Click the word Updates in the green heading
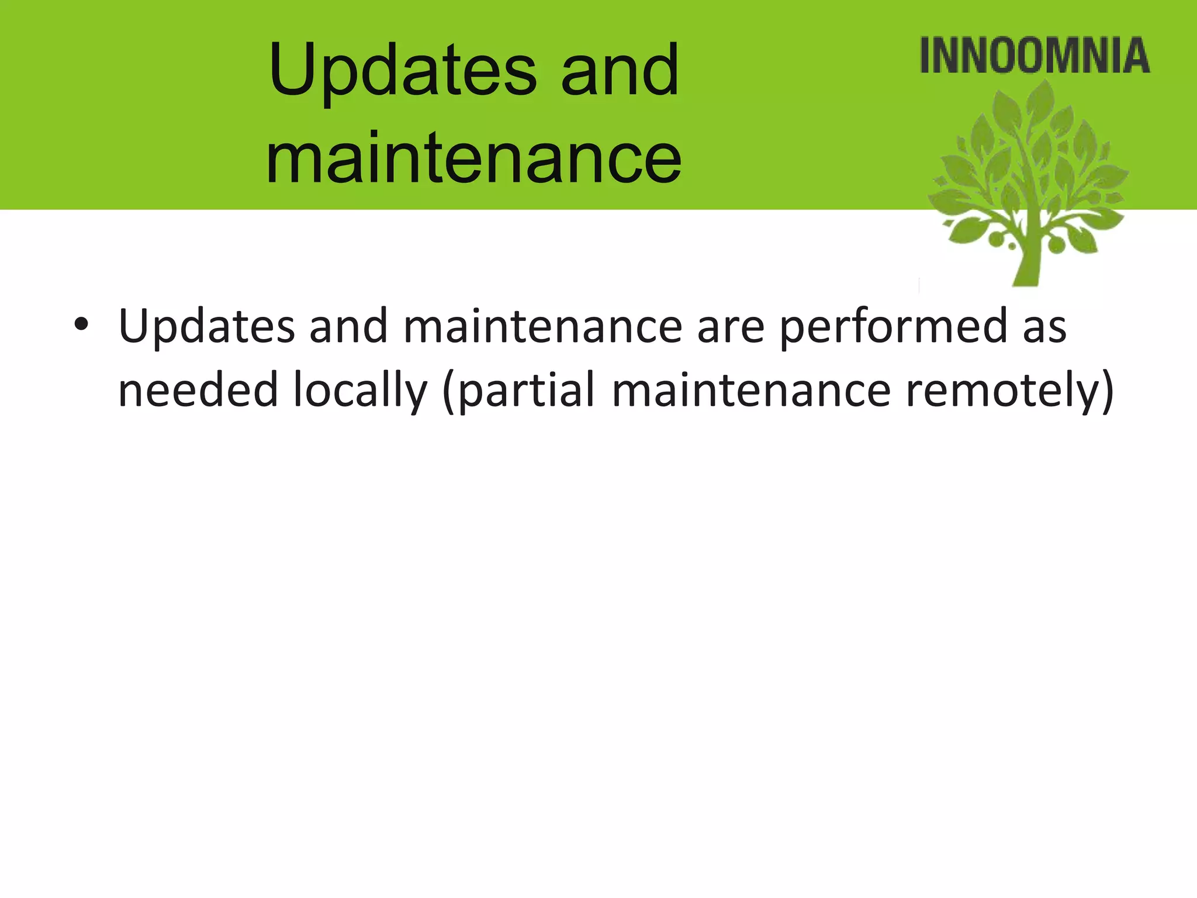pyautogui.click(x=402, y=71)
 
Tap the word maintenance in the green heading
pyautogui.click(x=473, y=158)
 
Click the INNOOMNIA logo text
pyautogui.click(x=1035, y=56)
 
